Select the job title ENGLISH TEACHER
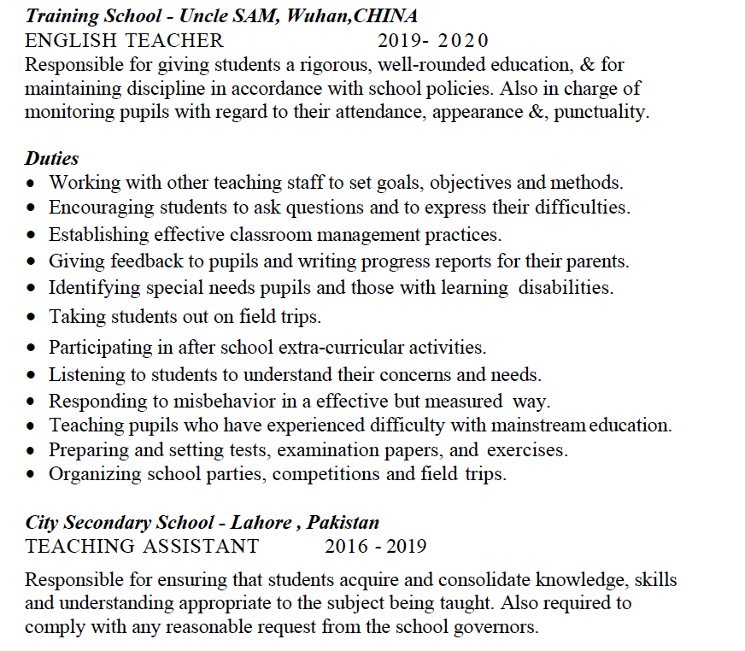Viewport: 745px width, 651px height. [124, 40]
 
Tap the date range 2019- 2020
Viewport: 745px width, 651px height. [433, 40]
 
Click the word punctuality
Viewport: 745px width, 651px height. [601, 112]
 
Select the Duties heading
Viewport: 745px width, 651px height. [51, 158]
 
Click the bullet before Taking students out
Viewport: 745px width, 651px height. [32, 318]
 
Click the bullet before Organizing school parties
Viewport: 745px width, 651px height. [32, 475]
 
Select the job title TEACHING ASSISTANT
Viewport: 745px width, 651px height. [142, 546]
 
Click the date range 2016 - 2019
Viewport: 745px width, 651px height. [375, 546]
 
